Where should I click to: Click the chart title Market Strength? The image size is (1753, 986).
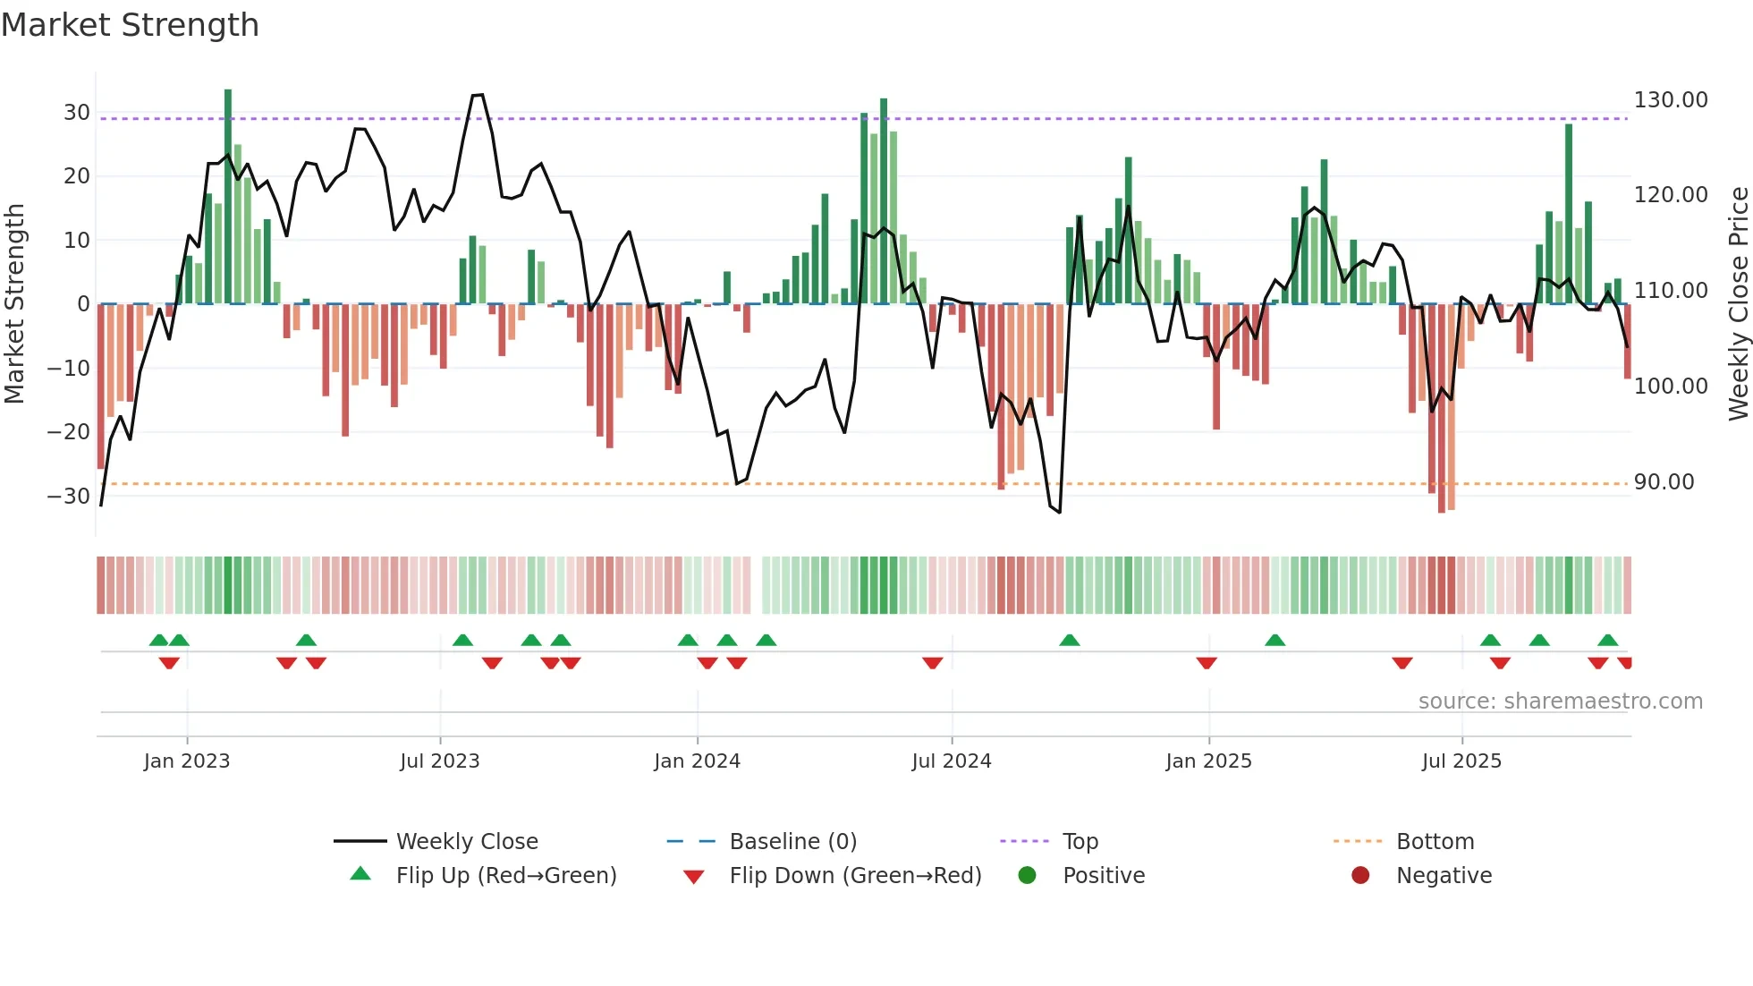tap(130, 25)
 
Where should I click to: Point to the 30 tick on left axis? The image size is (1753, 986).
tap(76, 113)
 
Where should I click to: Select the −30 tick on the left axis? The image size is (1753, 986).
tap(69, 497)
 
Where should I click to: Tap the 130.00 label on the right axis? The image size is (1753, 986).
tap(1671, 100)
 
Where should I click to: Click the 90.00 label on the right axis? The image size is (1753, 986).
tap(1664, 482)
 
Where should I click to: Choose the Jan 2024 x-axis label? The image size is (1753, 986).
tap(697, 761)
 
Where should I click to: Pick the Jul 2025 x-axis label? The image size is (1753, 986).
tap(1461, 761)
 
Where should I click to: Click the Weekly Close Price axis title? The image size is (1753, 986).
tap(1738, 303)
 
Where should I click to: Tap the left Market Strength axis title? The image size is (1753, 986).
tap(14, 303)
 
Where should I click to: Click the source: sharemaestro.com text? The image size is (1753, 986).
tap(1560, 701)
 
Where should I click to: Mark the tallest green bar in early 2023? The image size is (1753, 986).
tap(228, 197)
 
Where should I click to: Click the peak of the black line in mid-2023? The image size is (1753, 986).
tap(478, 95)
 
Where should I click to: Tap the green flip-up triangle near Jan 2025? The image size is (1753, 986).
tap(1275, 640)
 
